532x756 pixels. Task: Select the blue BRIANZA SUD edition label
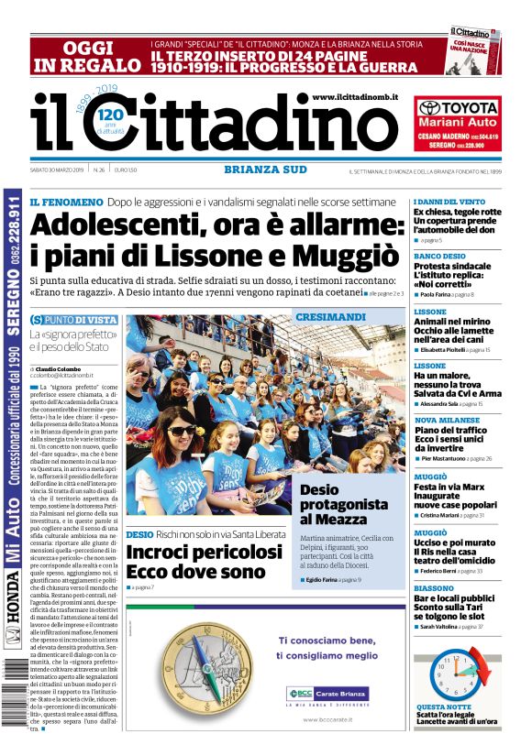coord(259,169)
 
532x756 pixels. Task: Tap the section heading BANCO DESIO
coord(439,256)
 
